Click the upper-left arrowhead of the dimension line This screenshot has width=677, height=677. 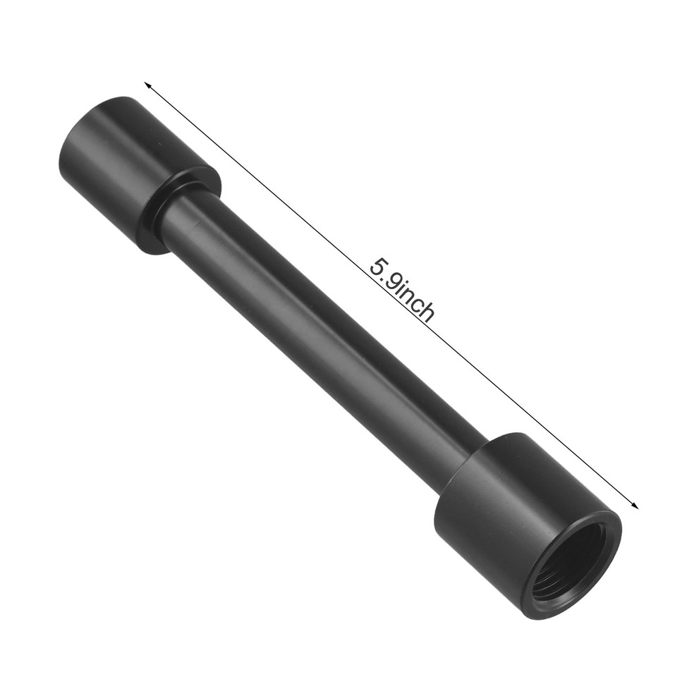click(x=147, y=84)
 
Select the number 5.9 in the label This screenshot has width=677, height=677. click(x=384, y=274)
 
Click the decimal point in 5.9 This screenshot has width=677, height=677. click(x=385, y=276)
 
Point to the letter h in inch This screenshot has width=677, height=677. click(x=427, y=314)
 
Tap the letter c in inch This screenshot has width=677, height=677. click(x=418, y=306)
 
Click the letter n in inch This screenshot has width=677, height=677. click(x=409, y=297)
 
